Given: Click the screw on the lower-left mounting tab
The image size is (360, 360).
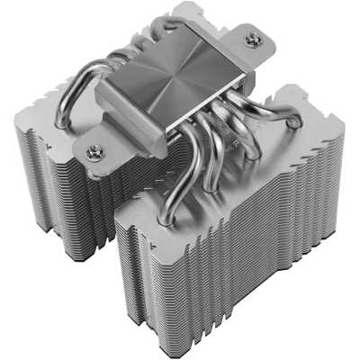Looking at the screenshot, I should (x=94, y=153).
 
